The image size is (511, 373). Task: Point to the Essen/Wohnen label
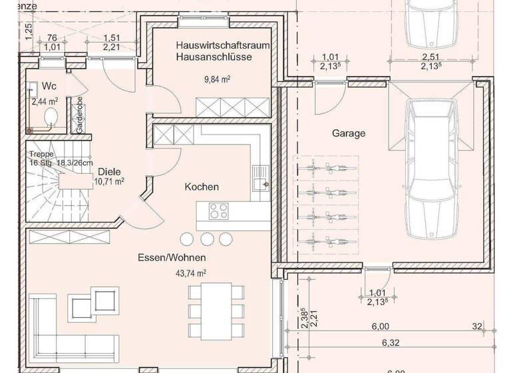[172, 257]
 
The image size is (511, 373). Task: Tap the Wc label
[49, 87]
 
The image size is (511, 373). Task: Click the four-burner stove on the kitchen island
[218, 212]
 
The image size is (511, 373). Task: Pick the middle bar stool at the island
[206, 238]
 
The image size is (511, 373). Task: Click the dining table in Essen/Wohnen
[212, 302]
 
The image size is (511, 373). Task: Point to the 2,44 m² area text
[45, 101]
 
